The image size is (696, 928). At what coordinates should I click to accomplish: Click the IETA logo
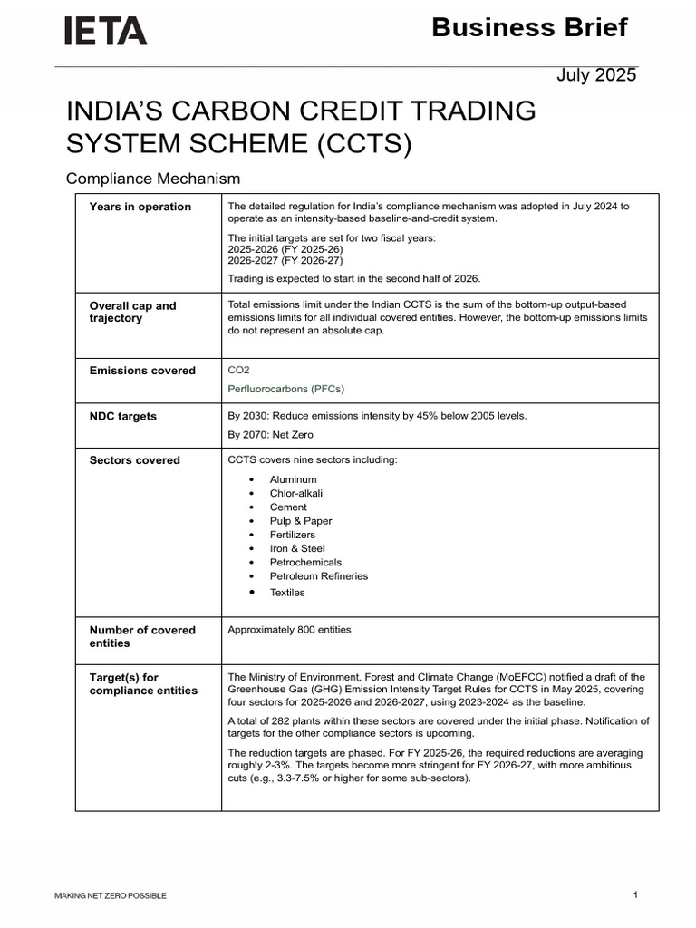tap(105, 32)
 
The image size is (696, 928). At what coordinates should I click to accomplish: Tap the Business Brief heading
tap(529, 28)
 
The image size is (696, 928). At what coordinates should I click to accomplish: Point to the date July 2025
tap(595, 75)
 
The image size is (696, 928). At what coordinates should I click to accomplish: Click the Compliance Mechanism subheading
tap(153, 179)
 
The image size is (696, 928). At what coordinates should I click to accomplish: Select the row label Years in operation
tap(140, 207)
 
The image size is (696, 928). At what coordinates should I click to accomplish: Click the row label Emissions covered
tap(142, 371)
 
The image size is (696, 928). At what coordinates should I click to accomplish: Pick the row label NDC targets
tap(122, 417)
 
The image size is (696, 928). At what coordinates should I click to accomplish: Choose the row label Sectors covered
tap(134, 460)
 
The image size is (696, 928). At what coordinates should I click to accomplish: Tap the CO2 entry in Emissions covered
tap(238, 370)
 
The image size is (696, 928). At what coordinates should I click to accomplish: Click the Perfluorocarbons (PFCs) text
tap(285, 389)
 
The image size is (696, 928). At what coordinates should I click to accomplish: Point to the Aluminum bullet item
tap(293, 479)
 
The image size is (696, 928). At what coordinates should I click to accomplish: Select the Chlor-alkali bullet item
tap(295, 493)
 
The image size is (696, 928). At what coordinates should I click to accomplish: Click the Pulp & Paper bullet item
tap(300, 521)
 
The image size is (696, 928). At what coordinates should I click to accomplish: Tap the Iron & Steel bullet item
tap(296, 548)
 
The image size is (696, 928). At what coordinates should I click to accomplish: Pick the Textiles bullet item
tap(287, 593)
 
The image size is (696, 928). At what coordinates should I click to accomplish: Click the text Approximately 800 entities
tap(289, 630)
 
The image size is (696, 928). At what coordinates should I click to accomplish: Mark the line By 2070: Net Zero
tap(270, 435)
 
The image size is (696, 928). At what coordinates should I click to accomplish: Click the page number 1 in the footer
tap(635, 895)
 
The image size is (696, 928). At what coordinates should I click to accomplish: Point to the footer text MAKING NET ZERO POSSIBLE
tap(110, 896)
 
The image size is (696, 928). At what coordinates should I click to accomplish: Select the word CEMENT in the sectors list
tap(288, 507)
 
